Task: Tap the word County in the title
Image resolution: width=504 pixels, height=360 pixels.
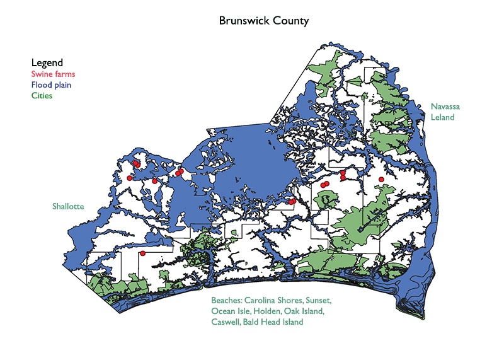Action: [x=290, y=21]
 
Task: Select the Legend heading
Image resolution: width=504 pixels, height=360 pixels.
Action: [x=47, y=62]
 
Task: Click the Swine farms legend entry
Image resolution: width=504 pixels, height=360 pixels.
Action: [x=53, y=74]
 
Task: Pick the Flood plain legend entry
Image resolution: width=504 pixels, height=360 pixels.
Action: [x=51, y=84]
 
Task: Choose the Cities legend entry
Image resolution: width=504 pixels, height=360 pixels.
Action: [x=42, y=96]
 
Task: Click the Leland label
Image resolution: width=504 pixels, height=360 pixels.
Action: [x=442, y=118]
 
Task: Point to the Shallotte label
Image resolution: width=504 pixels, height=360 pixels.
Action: [x=68, y=206]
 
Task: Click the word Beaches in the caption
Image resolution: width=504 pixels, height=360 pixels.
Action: [x=227, y=300]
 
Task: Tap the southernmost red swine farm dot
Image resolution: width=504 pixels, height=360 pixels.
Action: [x=143, y=253]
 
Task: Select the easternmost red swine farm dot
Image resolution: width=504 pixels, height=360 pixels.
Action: [x=381, y=180]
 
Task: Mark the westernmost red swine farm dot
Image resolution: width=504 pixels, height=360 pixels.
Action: [x=129, y=178]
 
